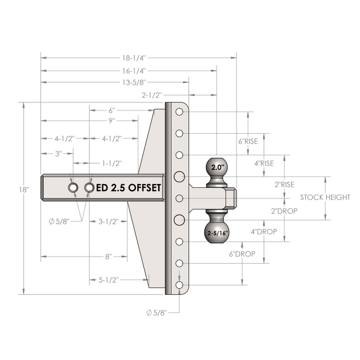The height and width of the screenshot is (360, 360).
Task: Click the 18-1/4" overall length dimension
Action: pyautogui.click(x=134, y=58)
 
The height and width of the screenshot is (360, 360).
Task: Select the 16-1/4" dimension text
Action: pyautogui.click(x=134, y=71)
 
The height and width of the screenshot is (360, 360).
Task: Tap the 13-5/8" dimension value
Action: pyautogui.click(x=134, y=82)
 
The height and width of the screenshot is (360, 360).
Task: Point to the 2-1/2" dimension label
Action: pyautogui.click(x=152, y=95)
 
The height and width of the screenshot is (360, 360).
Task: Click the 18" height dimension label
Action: pyautogui.click(x=24, y=190)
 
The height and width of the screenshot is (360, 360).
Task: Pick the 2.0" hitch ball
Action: pyautogui.click(x=217, y=167)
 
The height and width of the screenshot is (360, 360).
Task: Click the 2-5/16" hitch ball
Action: pyautogui.click(x=217, y=232)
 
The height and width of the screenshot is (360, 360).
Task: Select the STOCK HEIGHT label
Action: pyautogui.click(x=325, y=197)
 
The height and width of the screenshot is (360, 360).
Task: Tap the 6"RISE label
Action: pyautogui.click(x=248, y=141)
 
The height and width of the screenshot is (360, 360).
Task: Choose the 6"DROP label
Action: pyautogui.click(x=242, y=254)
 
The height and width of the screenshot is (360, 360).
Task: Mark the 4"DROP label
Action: pyautogui.click(x=264, y=231)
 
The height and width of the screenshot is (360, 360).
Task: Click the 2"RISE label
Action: pyautogui.click(x=284, y=184)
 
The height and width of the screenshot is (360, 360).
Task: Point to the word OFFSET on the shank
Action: pyautogui.click(x=145, y=188)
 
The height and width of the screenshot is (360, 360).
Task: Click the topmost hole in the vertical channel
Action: pyautogui.click(x=179, y=112)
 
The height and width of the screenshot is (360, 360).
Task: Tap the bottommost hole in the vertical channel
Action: pyautogui.click(x=179, y=285)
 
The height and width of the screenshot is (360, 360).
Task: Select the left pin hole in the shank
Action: pyautogui.click(x=73, y=188)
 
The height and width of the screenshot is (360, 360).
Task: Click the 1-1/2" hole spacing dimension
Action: pyautogui.click(x=112, y=163)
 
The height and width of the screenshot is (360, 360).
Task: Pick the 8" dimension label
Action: pyautogui.click(x=109, y=257)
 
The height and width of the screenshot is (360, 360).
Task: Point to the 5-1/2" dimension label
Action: pyautogui.click(x=109, y=280)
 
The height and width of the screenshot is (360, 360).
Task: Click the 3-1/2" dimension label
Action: pyautogui.click(x=109, y=222)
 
